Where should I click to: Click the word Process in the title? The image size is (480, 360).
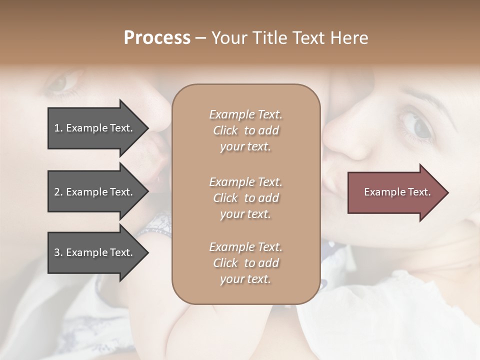pos(157,38)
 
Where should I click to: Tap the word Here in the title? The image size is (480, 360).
pos(349,38)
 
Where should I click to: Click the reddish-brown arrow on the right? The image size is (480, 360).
pos(395,192)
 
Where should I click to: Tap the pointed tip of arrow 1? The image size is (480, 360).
pos(147,128)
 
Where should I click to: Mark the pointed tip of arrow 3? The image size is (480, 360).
pos(147,252)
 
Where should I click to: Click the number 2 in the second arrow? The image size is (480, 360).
pos(57,192)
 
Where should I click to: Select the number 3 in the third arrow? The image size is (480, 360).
pos(57,252)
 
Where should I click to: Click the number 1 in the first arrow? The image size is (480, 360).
pos(57,128)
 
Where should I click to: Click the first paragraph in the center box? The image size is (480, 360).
pos(245,130)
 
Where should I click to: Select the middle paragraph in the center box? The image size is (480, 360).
pos(245,198)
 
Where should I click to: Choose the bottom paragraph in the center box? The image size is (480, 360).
pos(245,263)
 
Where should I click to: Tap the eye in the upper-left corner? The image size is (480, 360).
pos(60,83)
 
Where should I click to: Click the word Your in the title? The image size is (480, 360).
pos(227,38)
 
